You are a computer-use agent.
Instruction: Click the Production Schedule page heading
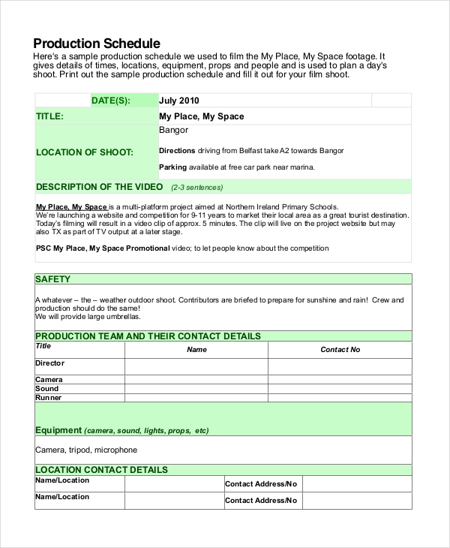pos(97,44)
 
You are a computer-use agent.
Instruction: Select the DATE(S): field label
pos(110,101)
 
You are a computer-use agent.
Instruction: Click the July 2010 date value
pos(179,101)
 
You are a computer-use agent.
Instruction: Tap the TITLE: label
pos(49,116)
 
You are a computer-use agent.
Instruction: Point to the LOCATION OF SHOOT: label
pos(85,152)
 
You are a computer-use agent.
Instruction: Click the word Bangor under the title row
pos(173,131)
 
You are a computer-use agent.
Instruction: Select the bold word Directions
pos(177,151)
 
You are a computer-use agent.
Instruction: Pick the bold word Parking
pos(173,167)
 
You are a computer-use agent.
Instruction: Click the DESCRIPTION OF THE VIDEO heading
pos(100,187)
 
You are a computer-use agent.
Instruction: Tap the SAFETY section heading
pos(53,279)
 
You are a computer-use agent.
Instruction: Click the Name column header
pos(196,350)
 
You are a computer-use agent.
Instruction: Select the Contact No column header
pos(340,350)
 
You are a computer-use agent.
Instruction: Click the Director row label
pos(50,363)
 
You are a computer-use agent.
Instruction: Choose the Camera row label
pos(49,380)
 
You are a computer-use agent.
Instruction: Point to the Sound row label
pos(47,389)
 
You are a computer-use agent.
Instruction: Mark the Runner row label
pos(49,398)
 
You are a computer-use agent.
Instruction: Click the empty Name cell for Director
pos(196,366)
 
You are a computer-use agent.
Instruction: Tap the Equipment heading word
pos(58,430)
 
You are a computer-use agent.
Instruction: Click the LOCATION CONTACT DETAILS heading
pos(101,470)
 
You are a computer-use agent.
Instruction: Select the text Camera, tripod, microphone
pos(86,450)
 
